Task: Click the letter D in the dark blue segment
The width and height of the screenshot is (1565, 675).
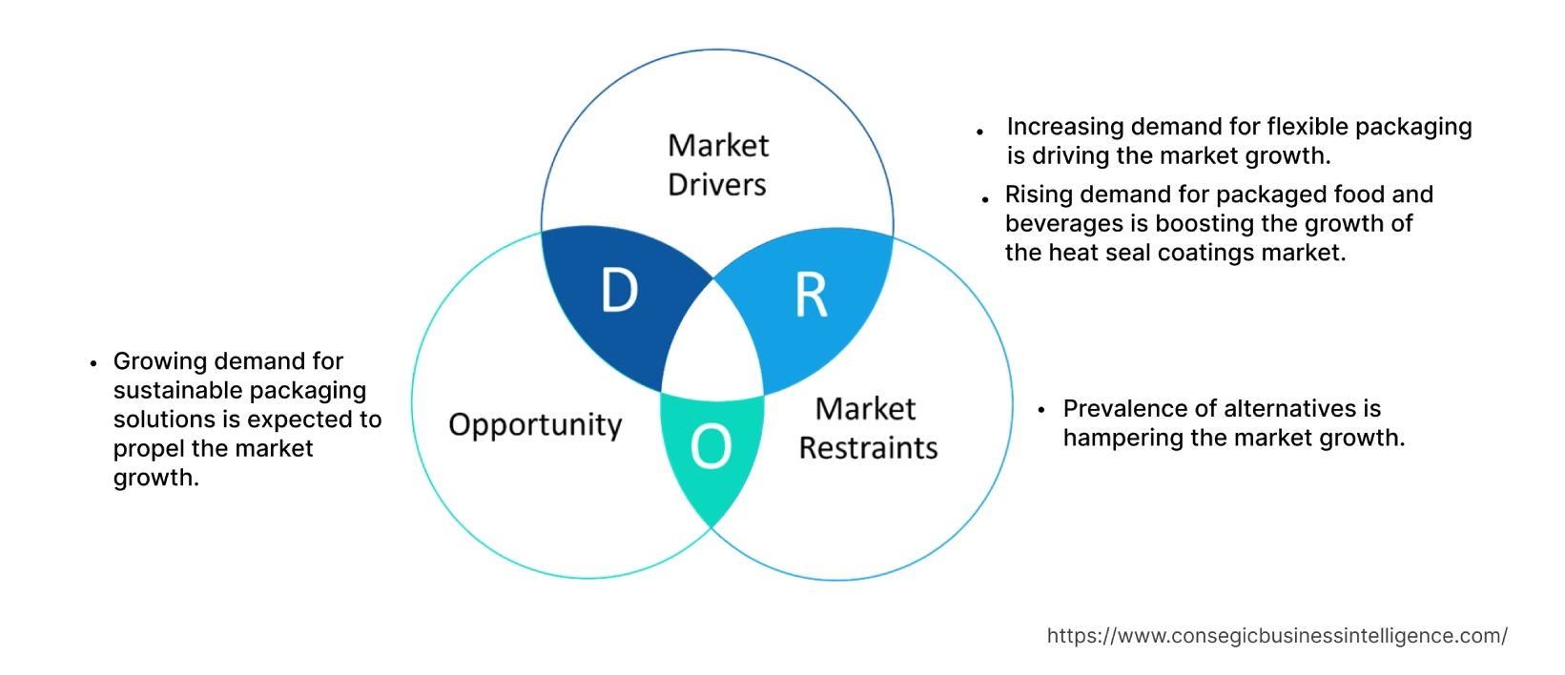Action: tap(619, 291)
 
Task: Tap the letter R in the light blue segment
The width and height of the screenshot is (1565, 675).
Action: tap(811, 296)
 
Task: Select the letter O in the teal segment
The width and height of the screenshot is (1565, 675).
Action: tap(710, 446)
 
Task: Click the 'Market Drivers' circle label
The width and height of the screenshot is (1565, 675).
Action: tap(717, 165)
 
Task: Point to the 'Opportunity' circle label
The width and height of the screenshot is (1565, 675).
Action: tap(535, 425)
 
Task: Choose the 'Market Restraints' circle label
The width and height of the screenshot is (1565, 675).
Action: tap(868, 428)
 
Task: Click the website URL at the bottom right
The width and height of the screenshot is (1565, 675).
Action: tap(1277, 636)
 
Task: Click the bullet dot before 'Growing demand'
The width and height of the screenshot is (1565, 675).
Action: tap(93, 363)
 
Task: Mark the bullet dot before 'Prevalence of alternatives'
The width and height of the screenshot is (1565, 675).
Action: tap(1041, 410)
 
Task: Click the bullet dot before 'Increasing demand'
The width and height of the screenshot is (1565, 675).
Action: tap(980, 132)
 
